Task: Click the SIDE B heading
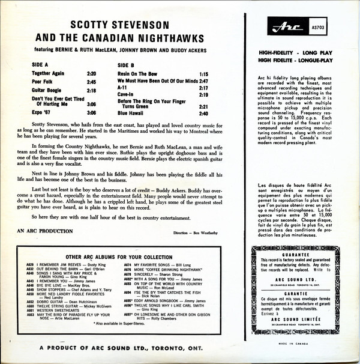(128, 64)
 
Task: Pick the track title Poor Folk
(44, 81)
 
